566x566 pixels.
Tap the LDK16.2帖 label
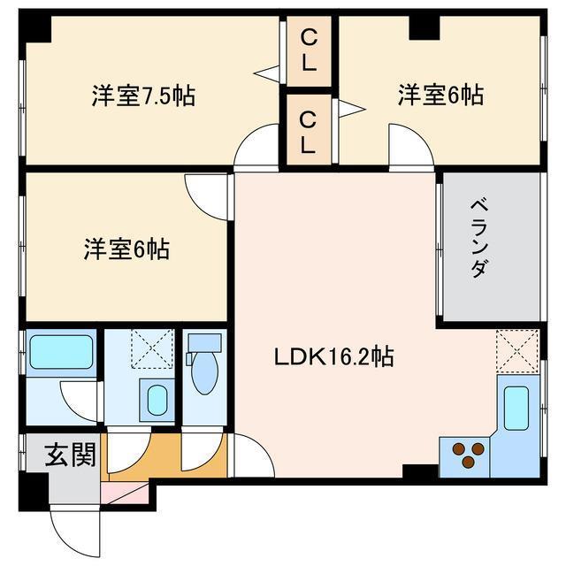333,357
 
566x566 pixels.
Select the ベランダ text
478,247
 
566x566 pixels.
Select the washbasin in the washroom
157,400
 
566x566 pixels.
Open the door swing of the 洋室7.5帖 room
256,147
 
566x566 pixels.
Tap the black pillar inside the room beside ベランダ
424,27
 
